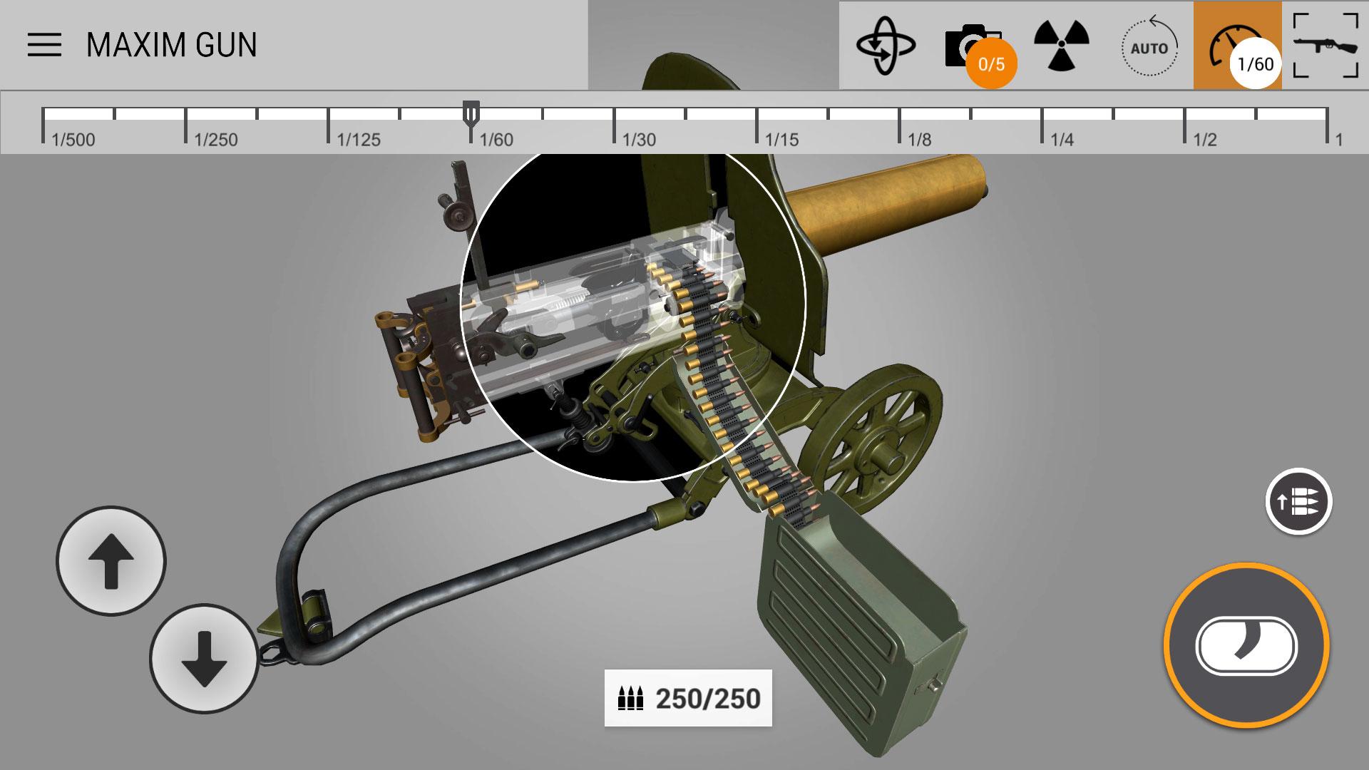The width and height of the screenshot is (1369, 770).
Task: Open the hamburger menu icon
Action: pyautogui.click(x=44, y=45)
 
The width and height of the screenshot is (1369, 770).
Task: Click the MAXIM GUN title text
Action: pyautogui.click(x=172, y=45)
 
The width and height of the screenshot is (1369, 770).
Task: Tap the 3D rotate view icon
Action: pyautogui.click(x=886, y=46)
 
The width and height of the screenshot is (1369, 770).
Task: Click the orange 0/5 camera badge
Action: pyautogui.click(x=991, y=64)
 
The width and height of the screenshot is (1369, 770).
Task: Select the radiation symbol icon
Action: pyautogui.click(x=1062, y=45)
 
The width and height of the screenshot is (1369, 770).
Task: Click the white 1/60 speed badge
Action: pyautogui.click(x=1256, y=64)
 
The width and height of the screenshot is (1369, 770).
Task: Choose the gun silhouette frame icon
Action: pyautogui.click(x=1326, y=45)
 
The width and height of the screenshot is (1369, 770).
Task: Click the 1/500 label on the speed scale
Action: pyautogui.click(x=73, y=140)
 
